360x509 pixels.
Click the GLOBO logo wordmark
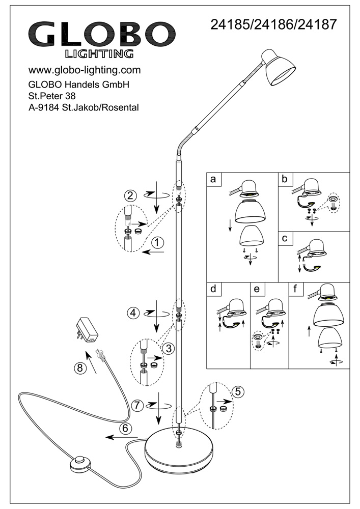coord(100,35)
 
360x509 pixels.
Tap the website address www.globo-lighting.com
coord(84,70)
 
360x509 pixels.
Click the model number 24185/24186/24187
coord(273,23)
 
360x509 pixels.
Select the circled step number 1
coord(159,243)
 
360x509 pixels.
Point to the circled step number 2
coord(131,195)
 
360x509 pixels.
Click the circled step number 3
coord(167,349)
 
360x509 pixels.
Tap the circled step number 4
coord(133,313)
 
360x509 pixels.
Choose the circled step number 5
coord(238,391)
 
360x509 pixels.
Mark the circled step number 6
coord(126,428)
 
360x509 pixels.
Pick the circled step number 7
coord(136,405)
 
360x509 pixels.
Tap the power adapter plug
coord(85,331)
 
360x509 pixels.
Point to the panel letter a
coord(213,179)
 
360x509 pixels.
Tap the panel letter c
coord(284,238)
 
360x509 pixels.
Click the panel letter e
coord(256,289)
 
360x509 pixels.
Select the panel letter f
coord(294,289)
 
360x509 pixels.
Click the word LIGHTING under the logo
coord(100,53)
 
